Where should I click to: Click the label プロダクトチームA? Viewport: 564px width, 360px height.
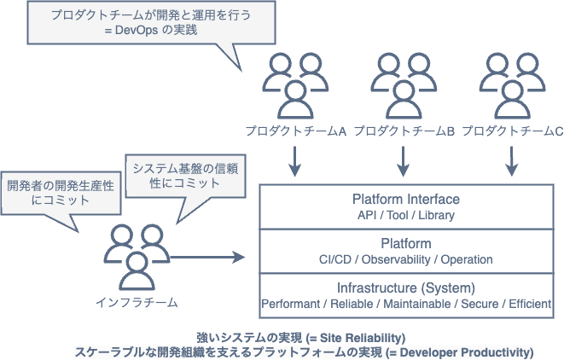tap(296, 131)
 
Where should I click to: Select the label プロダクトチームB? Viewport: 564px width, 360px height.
tap(404, 131)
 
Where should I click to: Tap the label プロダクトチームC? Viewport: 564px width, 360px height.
tap(513, 131)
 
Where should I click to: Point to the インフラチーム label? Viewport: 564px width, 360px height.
tap(137, 303)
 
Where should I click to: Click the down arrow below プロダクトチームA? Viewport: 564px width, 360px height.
tap(295, 161)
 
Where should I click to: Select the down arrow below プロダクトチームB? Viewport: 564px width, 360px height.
tap(404, 161)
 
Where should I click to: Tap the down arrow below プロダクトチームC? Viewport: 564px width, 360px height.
tap(511, 161)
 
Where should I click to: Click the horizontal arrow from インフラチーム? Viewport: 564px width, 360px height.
tap(207, 257)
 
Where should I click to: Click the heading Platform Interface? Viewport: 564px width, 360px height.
tap(406, 200)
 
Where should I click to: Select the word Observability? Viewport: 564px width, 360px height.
tap(396, 259)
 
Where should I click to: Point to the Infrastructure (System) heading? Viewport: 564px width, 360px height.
tap(406, 288)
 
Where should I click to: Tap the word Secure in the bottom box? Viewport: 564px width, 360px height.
tap(480, 304)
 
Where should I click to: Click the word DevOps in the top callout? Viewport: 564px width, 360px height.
tap(137, 30)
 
